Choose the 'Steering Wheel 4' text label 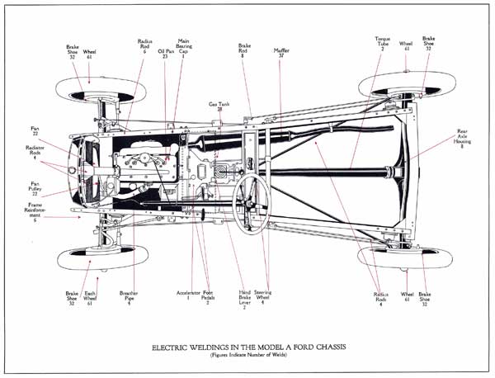[264, 298]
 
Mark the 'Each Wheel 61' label [91, 298]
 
